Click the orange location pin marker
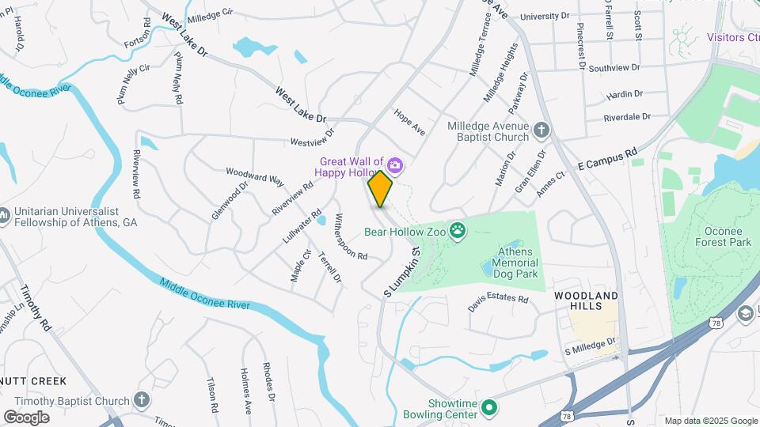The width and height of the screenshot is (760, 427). pyautogui.click(x=381, y=188)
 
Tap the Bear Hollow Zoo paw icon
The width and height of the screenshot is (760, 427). pyautogui.click(x=457, y=231)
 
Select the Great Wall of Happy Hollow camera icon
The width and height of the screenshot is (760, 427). pyautogui.click(x=394, y=165)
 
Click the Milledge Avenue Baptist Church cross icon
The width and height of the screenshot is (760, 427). pyautogui.click(x=541, y=130)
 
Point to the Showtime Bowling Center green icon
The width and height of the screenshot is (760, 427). pyautogui.click(x=489, y=408)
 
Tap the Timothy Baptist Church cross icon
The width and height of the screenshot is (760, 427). pyautogui.click(x=142, y=400)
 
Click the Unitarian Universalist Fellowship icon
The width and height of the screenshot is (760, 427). pyautogui.click(x=3, y=214)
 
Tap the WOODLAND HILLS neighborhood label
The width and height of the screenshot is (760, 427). pyautogui.click(x=585, y=300)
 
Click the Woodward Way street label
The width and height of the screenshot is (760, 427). pyautogui.click(x=255, y=176)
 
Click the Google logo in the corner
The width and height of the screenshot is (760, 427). pyautogui.click(x=26, y=418)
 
